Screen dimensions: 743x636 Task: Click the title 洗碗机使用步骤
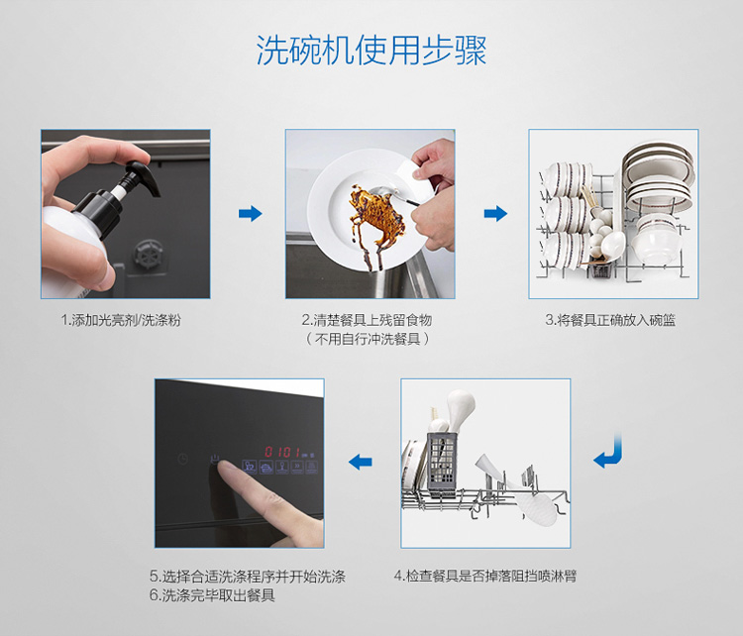[x=371, y=50]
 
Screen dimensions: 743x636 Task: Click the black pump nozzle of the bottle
[x=142, y=177]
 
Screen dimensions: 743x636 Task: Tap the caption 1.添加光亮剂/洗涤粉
[x=121, y=320]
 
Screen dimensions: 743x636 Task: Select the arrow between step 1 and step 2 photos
[x=251, y=213]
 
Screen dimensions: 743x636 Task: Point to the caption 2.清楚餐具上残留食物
[x=367, y=320]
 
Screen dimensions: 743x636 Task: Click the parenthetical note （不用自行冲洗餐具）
[x=368, y=339]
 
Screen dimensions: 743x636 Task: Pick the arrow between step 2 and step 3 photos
[x=495, y=213]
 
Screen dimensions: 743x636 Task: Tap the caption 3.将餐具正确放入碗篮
[x=610, y=320]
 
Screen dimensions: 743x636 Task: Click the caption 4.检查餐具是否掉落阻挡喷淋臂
[x=485, y=577]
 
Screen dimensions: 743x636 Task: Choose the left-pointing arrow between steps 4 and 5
[x=361, y=461]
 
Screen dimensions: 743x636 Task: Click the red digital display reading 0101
[x=282, y=452]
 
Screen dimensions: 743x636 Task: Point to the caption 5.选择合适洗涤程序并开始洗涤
[x=248, y=577]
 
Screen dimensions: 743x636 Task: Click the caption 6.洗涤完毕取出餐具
[x=212, y=595]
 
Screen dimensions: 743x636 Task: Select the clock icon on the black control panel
[x=183, y=459]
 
